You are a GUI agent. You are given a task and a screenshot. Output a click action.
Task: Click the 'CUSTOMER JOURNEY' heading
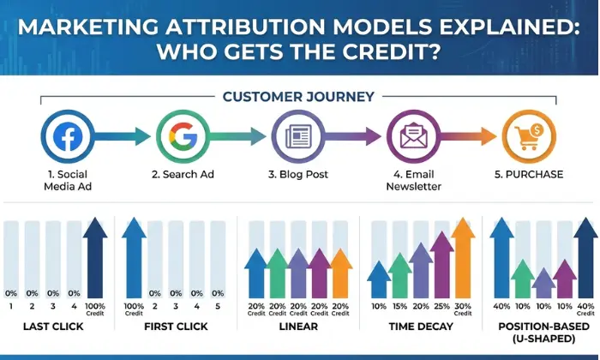pyautogui.click(x=297, y=97)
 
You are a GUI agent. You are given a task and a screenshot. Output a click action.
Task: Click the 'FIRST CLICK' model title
pyautogui.click(x=176, y=327)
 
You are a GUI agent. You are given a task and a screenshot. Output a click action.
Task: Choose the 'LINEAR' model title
pyautogui.click(x=297, y=327)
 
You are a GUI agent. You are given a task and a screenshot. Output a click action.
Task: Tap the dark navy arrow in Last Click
pyautogui.click(x=95, y=257)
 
